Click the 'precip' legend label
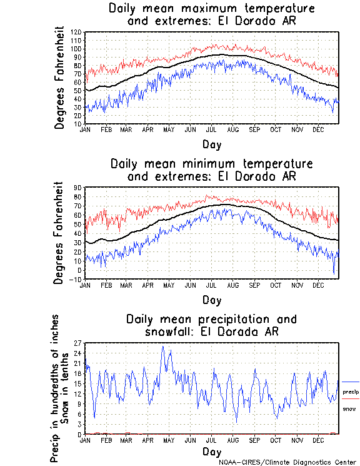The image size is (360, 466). (x=351, y=392)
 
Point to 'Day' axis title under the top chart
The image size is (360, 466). (x=211, y=144)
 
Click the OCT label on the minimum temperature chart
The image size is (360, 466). (x=275, y=285)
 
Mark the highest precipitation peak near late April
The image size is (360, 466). (x=163, y=347)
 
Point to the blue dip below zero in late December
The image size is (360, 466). (x=334, y=274)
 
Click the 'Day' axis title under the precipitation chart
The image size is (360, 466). (x=211, y=452)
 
